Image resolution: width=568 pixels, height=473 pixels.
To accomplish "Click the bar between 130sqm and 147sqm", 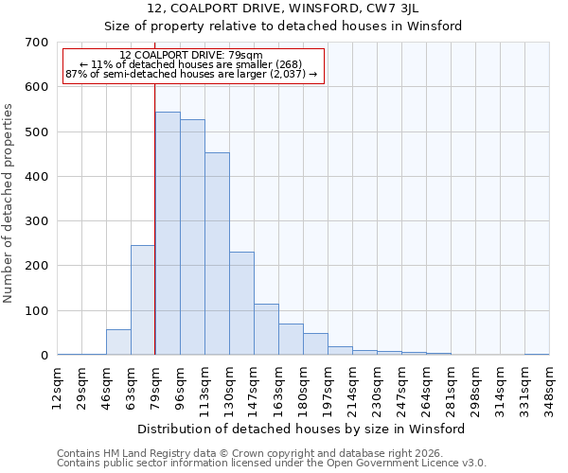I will click(241, 304).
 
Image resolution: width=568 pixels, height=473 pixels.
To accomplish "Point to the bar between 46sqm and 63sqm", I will click(118, 342).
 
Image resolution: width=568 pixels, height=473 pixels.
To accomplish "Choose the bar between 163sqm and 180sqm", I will click(291, 340).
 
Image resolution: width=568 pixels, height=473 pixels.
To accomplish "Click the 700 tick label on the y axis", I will click(37, 43).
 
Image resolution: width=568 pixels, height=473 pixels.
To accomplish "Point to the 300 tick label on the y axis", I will click(37, 221).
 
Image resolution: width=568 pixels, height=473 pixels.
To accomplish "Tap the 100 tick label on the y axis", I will click(37, 311).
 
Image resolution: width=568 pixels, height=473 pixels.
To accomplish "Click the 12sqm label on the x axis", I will click(57, 386).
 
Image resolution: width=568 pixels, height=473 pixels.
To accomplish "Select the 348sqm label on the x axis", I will click(549, 386).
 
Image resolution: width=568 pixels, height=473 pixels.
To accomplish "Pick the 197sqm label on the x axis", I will click(328, 386).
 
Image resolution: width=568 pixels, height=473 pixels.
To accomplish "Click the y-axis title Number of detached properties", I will click(9, 204).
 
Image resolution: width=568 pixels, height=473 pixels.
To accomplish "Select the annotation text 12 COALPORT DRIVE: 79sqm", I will click(191, 56).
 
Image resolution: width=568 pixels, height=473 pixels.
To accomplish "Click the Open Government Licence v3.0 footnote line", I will click(272, 464).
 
